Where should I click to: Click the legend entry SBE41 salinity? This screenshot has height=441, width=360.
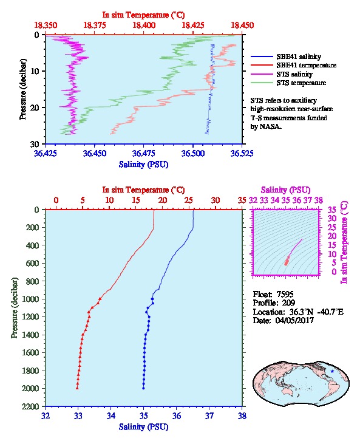[x=299, y=56]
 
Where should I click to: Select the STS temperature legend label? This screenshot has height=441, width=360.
[x=301, y=83]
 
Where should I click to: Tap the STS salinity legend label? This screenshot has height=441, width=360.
[x=294, y=74]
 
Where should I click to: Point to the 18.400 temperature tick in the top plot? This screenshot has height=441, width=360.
[x=144, y=25]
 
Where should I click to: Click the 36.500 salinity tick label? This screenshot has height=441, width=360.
[x=193, y=153]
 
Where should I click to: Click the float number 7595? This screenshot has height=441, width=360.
[x=285, y=294]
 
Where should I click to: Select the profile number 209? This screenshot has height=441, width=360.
[x=288, y=303]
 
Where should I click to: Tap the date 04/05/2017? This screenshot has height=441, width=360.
[x=294, y=320]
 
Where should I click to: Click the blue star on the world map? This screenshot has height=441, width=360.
[x=332, y=371]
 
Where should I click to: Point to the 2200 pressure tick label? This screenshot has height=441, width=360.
[x=30, y=406]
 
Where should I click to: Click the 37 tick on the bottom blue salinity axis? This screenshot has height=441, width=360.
[x=209, y=415]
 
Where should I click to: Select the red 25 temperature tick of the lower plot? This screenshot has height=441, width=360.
[x=189, y=200]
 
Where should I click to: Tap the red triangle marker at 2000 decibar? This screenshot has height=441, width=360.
[x=77, y=388]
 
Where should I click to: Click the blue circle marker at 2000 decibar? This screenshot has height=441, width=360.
[x=143, y=388]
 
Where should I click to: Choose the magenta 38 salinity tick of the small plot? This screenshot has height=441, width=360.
[x=319, y=200]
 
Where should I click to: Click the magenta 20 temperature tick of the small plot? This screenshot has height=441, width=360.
[x=332, y=236]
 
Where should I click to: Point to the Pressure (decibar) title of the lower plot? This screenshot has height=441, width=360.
[x=15, y=308]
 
